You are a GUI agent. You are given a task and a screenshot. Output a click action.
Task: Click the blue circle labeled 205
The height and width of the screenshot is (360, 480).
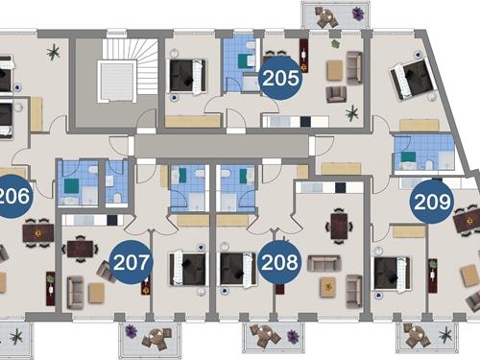click(x=280, y=78)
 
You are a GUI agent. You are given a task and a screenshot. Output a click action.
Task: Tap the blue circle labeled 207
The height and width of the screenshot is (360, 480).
click(x=132, y=262)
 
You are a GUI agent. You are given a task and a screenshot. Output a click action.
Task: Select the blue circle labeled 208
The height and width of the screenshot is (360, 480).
click(x=279, y=262)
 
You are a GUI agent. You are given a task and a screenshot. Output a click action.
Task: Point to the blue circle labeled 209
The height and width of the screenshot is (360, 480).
click(x=432, y=202)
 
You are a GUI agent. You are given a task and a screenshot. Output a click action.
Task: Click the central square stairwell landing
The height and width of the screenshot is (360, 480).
click(x=117, y=83)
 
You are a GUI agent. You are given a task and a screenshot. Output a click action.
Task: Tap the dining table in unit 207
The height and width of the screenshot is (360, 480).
click(x=80, y=249)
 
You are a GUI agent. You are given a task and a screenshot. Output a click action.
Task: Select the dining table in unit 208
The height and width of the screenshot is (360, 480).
click(x=339, y=227)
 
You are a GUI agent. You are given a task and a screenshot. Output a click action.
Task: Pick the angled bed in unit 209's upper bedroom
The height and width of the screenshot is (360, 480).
click(x=412, y=79)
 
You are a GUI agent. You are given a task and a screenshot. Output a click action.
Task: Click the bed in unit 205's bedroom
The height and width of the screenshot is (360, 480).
click(x=187, y=77)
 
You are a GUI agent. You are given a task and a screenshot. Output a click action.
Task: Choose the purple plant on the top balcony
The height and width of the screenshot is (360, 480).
click(x=358, y=14)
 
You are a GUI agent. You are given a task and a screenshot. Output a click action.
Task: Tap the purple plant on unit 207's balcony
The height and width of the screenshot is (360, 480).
click(x=131, y=331)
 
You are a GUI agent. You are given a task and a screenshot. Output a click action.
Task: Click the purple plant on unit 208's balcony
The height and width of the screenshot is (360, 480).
click(x=293, y=336)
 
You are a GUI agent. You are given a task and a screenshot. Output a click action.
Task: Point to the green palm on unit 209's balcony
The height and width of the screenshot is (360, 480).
click(x=445, y=335)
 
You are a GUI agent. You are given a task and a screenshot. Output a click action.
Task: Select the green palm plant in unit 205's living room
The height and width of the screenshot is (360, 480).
click(x=352, y=113)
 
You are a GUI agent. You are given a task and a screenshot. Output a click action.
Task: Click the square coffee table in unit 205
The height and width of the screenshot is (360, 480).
click(x=335, y=70)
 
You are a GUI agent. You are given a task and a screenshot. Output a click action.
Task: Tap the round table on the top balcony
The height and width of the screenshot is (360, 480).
click(x=326, y=15)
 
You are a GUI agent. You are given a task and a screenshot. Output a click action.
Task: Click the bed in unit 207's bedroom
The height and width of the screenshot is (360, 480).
click(x=187, y=269)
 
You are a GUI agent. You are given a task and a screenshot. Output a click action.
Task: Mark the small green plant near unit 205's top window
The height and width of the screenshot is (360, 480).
click(x=335, y=44)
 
